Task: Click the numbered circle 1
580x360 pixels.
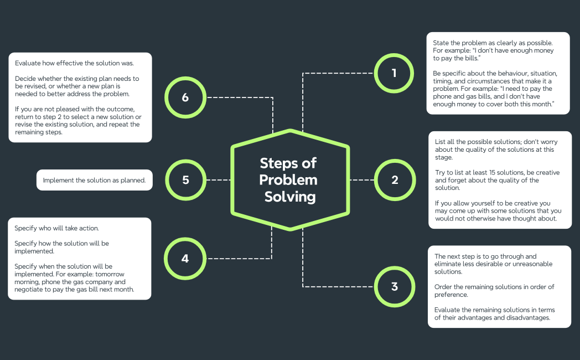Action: pyautogui.click(x=394, y=73)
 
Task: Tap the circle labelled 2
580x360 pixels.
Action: pyautogui.click(x=394, y=180)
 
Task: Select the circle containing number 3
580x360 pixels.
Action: pyautogui.click(x=394, y=286)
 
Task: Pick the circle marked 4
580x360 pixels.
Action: pyautogui.click(x=185, y=258)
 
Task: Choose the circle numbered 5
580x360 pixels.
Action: pyautogui.click(x=185, y=180)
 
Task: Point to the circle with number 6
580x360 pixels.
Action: pyautogui.click(x=185, y=97)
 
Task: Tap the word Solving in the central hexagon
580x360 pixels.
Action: pyautogui.click(x=289, y=197)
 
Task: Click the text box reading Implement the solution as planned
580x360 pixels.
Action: pyautogui.click(x=94, y=180)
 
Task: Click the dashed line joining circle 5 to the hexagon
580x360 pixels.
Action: pyautogui.click(x=217, y=180)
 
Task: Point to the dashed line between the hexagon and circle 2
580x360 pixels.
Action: pyautogui.click(x=362, y=180)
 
